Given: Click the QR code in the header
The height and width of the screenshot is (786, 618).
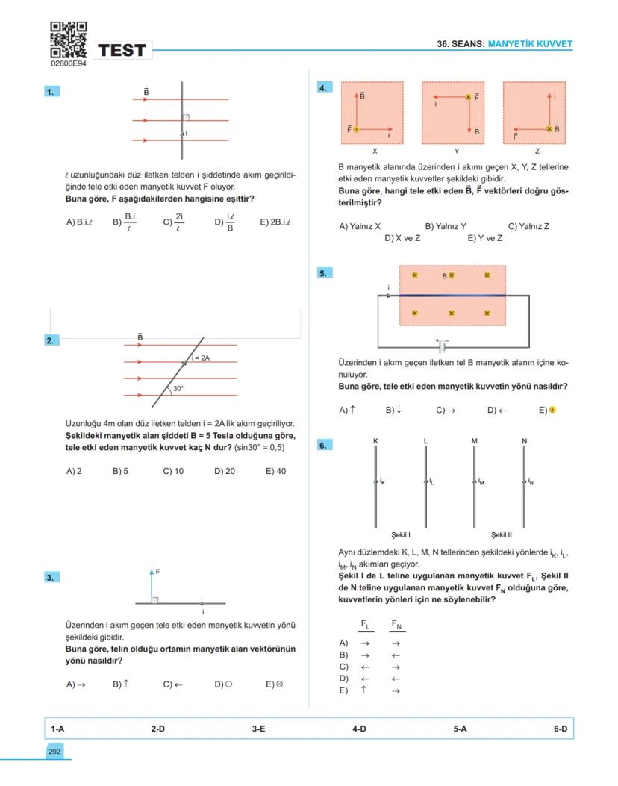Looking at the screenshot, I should click(x=69, y=40).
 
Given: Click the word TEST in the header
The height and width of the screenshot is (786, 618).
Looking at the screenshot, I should click(x=122, y=51).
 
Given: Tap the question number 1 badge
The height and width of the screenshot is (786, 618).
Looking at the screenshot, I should click(x=51, y=92).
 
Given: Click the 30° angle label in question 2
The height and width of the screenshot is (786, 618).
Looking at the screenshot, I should click(x=178, y=389).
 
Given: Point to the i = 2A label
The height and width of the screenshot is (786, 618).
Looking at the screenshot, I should click(x=199, y=358).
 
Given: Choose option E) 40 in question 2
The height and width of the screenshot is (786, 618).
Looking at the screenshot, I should click(x=275, y=471).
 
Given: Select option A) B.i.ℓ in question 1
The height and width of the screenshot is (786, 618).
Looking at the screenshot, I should click(x=78, y=222).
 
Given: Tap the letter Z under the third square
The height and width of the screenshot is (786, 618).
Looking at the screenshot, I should click(x=537, y=151).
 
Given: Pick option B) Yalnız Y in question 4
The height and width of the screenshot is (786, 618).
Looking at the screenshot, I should click(x=446, y=226).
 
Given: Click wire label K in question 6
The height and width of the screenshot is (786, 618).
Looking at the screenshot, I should click(x=375, y=441).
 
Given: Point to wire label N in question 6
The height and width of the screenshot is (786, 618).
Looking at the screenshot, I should click(x=524, y=441).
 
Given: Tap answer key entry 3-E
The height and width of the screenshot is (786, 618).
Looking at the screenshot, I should click(x=258, y=728).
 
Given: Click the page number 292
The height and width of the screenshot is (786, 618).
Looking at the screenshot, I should click(x=54, y=752).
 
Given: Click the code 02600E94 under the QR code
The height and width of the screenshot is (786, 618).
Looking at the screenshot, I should click(x=69, y=65).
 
